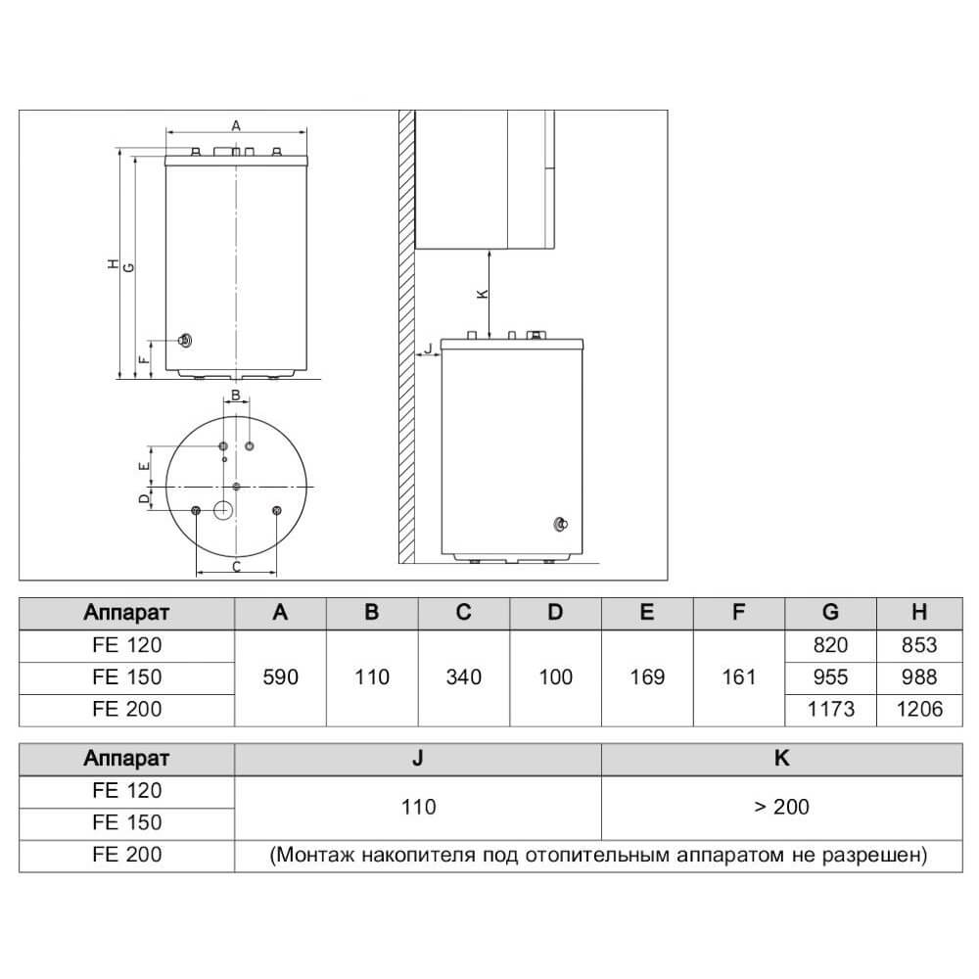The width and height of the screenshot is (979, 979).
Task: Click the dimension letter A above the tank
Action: (236, 125)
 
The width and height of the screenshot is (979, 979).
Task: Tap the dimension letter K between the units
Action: (483, 294)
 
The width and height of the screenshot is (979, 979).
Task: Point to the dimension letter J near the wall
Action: (429, 349)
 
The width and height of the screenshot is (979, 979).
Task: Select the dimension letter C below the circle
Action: (237, 567)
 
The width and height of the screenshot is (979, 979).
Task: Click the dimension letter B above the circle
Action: (236, 395)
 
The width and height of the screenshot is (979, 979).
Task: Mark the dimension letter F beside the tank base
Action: (144, 359)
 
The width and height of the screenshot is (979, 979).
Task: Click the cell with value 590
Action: (280, 677)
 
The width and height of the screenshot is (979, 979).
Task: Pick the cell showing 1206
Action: (919, 709)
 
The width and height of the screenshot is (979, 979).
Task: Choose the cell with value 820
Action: (830, 645)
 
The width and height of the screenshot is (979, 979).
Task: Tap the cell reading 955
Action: (830, 676)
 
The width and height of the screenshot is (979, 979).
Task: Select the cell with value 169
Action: (647, 677)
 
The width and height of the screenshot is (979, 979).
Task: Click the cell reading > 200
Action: (781, 808)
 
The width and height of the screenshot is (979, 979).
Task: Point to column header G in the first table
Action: (830, 613)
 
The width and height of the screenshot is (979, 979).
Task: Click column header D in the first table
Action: (555, 613)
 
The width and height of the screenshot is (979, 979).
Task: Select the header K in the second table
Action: (781, 758)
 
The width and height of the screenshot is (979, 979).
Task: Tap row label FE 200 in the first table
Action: (126, 709)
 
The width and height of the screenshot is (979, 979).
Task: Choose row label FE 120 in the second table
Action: (126, 790)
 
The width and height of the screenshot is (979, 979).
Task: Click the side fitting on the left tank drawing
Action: (185, 341)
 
